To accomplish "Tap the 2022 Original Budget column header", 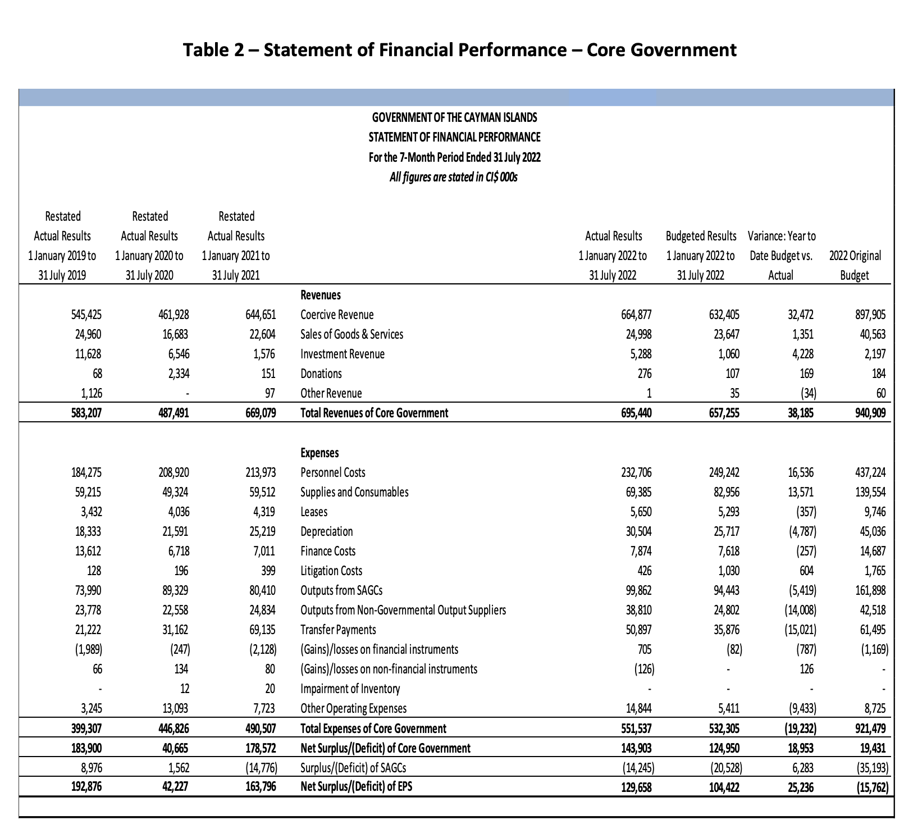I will coord(855,266).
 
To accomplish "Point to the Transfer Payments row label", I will coord(338,630).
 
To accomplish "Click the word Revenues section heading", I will coord(321,295).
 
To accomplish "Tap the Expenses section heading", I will coord(319,453).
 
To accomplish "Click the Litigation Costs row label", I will coord(331,571).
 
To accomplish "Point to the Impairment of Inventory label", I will coord(350,689).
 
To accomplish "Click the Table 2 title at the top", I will coord(460,50).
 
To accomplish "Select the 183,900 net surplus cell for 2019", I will coord(86,748).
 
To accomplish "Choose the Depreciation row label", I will coord(327,532).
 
